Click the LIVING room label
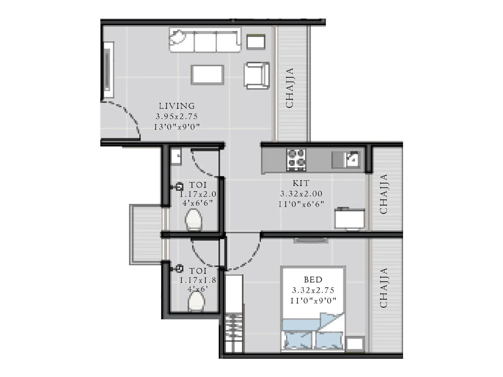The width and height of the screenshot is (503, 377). click(177, 106)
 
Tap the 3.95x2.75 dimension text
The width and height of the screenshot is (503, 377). click(177, 117)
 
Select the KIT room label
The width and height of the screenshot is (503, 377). click(301, 183)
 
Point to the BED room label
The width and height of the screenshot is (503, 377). click(313, 280)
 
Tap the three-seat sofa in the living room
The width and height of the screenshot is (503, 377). click(205, 40)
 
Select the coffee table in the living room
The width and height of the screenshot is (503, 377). click(207, 74)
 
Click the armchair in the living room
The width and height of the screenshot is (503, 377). click(256, 75)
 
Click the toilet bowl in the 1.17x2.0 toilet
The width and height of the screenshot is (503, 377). click(193, 220)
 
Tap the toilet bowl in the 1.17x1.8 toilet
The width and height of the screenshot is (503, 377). click(196, 302)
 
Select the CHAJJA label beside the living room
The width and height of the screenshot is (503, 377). click(290, 88)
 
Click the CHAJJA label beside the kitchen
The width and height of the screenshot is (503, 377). click(384, 194)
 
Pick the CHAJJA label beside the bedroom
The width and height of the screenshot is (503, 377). click(384, 287)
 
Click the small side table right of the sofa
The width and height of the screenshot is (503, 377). click(256, 41)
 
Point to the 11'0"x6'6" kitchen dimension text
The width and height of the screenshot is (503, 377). click(301, 204)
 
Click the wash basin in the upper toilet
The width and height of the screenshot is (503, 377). click(176, 156)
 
